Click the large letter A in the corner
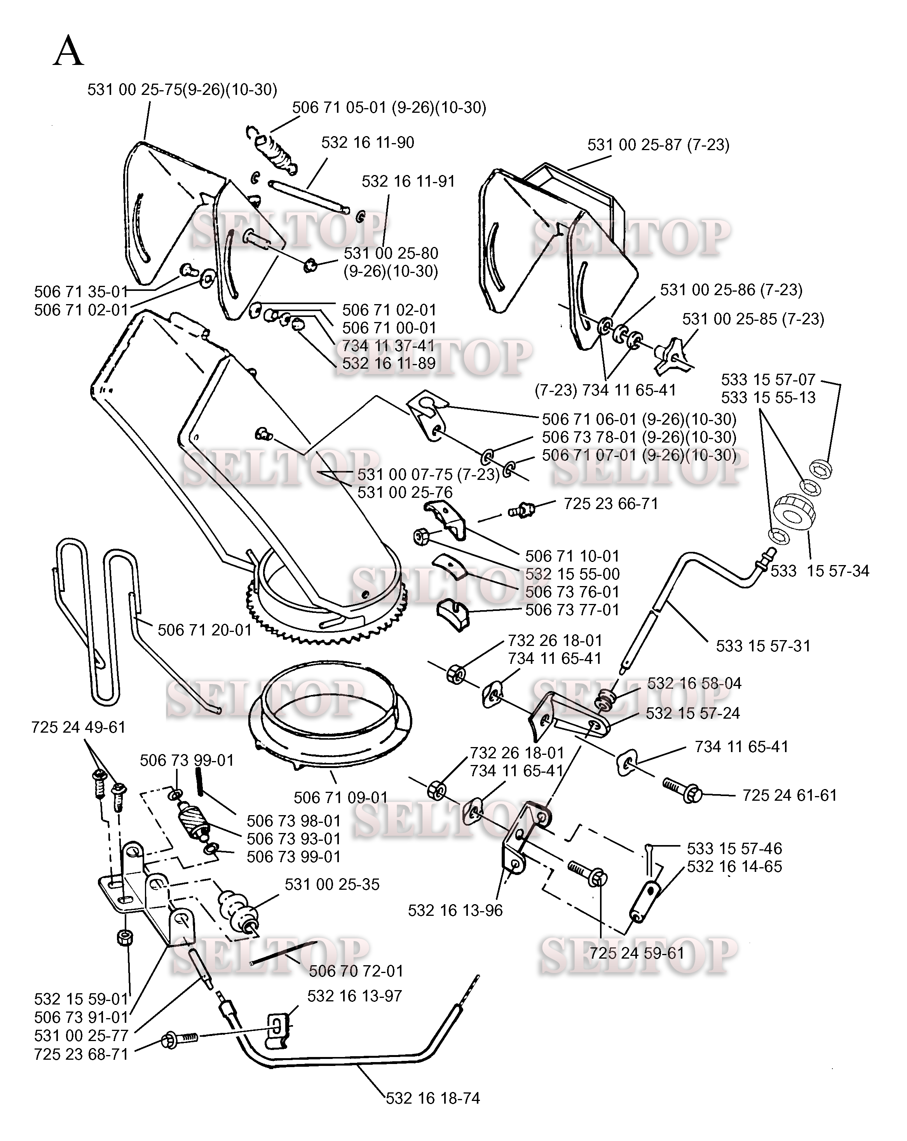[68, 51]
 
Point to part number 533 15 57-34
[820, 571]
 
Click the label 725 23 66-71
[611, 504]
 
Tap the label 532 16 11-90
[368, 142]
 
